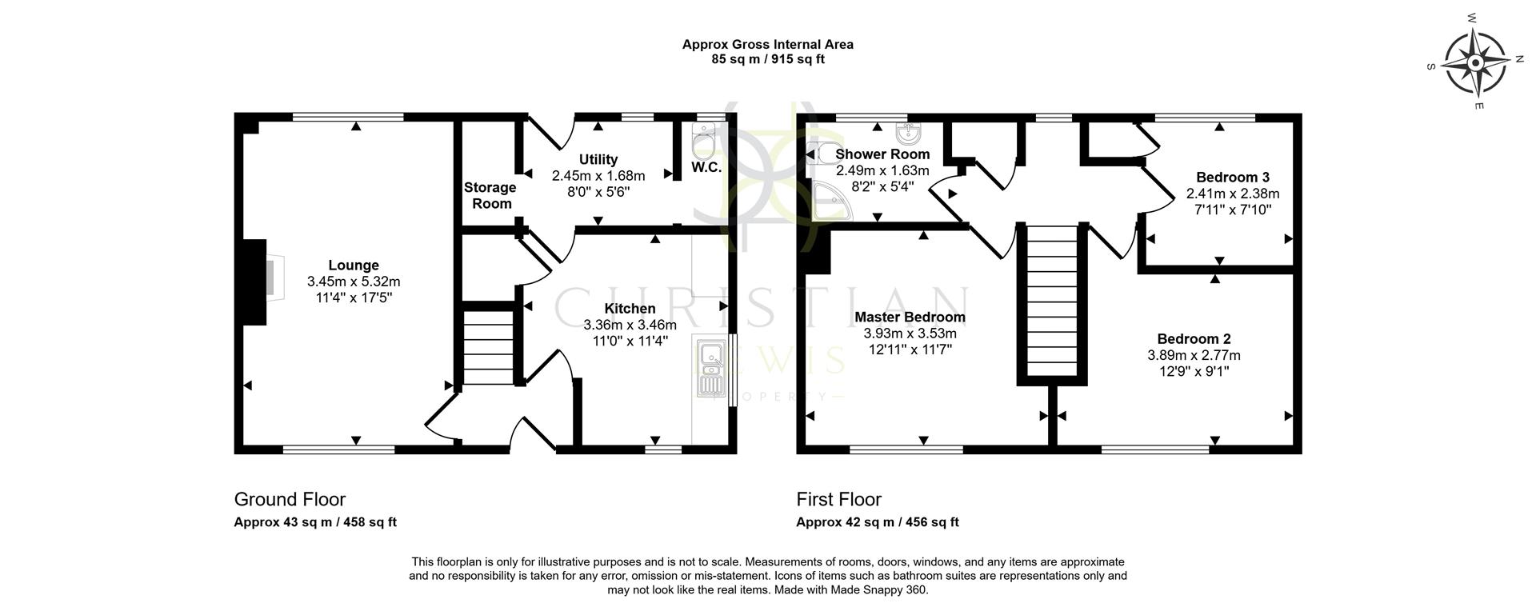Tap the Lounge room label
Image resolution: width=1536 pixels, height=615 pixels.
point(354,266)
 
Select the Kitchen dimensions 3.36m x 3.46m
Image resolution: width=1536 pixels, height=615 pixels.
point(630,325)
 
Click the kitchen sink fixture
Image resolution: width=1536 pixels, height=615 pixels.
point(710,369)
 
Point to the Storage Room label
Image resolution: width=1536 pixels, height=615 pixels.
point(490,195)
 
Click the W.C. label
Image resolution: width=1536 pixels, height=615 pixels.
point(706,168)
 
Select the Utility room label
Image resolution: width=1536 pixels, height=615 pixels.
point(598,160)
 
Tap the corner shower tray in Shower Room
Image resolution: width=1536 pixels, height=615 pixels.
point(830,202)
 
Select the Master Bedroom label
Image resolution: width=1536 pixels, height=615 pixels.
point(910,317)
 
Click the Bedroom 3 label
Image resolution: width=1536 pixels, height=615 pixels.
point(1232,178)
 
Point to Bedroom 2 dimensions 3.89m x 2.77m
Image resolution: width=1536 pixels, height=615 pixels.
point(1194,355)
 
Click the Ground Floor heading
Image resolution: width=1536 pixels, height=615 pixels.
point(290,500)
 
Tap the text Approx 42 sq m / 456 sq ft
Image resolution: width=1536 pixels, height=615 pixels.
point(877,522)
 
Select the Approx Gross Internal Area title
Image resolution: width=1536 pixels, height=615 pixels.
point(767,45)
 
